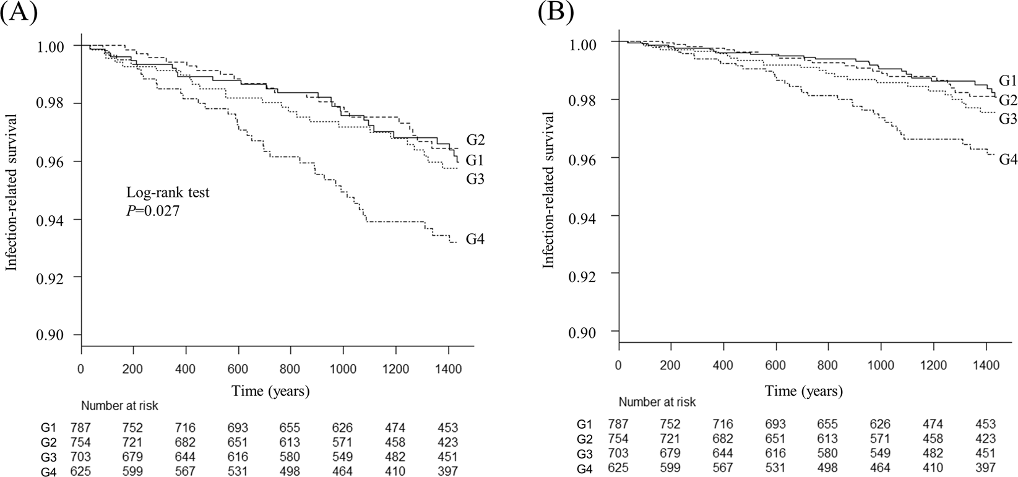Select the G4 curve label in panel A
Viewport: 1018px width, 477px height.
pos(475,238)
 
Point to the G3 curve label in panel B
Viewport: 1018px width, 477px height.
pos(1007,118)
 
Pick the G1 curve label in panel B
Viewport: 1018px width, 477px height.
pos(1007,80)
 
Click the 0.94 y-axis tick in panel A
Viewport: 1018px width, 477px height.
pos(60,219)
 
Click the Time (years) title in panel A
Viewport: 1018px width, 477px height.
pos(270,391)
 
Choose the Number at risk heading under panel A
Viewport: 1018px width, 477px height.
pos(119,406)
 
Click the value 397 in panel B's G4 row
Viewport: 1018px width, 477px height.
pos(985,468)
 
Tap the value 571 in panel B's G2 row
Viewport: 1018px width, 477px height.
pos(879,439)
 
